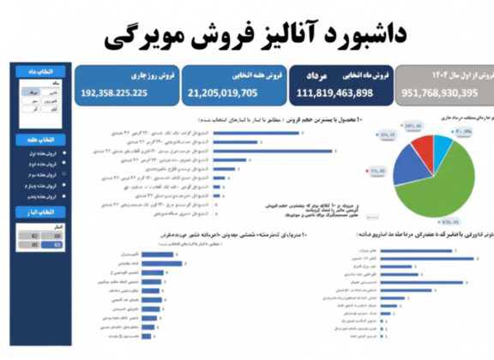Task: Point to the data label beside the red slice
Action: coord(377,174)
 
